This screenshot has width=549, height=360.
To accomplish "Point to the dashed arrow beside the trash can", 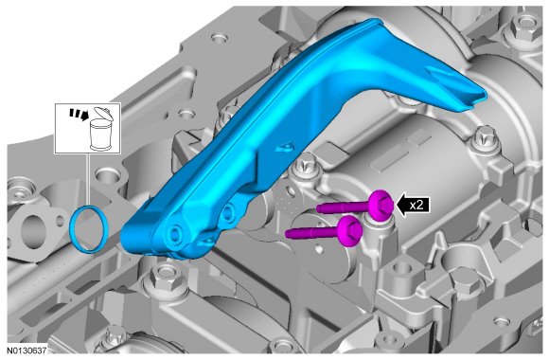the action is tap(79, 114).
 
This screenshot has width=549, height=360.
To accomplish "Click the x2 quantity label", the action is tap(416, 205).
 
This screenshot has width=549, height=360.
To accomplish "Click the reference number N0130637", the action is tap(27, 351).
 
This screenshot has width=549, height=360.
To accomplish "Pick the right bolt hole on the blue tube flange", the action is tap(227, 211).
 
